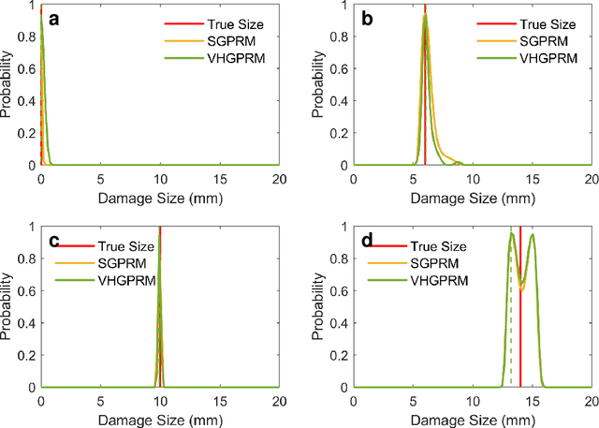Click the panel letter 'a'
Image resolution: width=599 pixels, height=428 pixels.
(x=53, y=19)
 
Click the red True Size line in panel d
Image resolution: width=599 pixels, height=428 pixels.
(x=520, y=328)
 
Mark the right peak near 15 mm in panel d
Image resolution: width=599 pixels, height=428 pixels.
(x=533, y=234)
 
